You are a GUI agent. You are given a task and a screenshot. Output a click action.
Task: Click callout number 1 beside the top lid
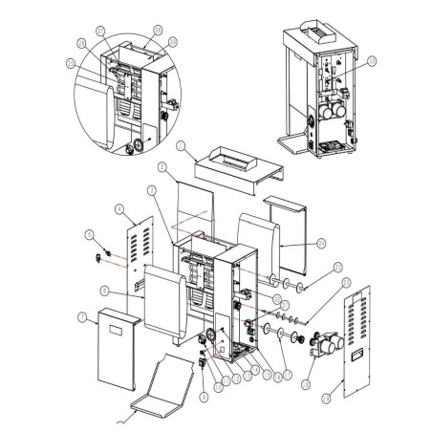(x=179, y=146)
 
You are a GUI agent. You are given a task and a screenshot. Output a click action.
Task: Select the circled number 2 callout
(x=163, y=167)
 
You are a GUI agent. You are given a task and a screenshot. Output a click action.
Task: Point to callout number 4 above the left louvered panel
(x=118, y=208)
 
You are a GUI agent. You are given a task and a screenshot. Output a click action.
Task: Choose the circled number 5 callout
(x=89, y=233)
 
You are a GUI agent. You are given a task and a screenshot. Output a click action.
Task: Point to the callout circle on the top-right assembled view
(x=372, y=60)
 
